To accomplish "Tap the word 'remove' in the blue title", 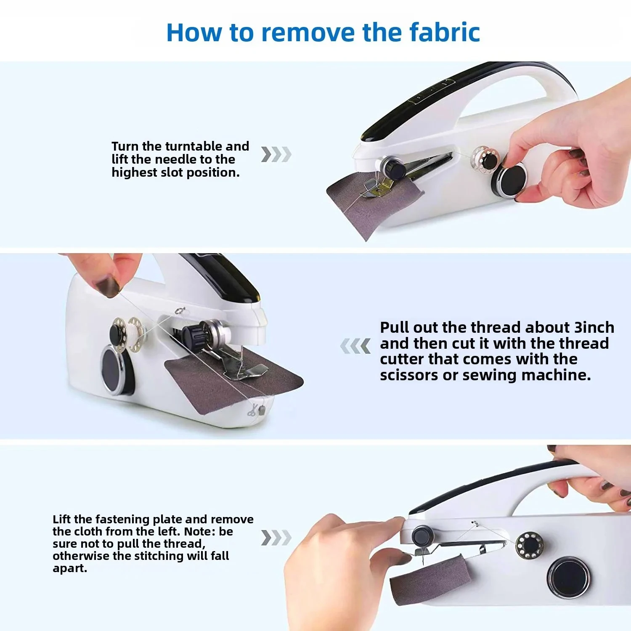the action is click(x=308, y=33).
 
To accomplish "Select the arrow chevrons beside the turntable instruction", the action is click(x=276, y=154).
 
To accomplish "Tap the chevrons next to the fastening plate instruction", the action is click(x=276, y=538).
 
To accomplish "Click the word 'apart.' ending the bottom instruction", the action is click(x=70, y=569).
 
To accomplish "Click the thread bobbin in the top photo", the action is click(x=485, y=157).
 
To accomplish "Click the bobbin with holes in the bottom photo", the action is click(x=529, y=546).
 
